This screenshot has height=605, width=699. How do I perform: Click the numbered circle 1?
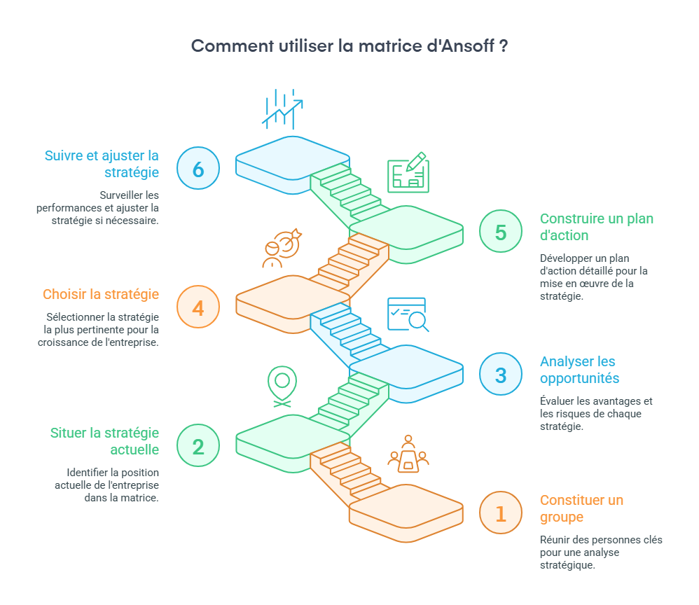(501, 513)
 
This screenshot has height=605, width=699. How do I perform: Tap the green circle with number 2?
(198, 446)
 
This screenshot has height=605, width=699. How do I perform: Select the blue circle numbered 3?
(501, 375)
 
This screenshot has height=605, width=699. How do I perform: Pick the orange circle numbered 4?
(198, 307)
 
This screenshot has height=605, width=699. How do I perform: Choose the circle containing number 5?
(501, 232)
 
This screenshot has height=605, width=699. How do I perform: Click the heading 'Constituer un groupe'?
(581, 508)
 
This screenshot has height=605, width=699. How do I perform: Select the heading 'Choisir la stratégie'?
(101, 294)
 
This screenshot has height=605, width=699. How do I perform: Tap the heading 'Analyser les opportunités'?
(579, 370)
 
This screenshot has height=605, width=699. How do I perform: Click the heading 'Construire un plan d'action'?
(596, 227)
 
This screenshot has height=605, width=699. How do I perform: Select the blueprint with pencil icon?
(408, 173)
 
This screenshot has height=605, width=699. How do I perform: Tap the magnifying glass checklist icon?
(408, 314)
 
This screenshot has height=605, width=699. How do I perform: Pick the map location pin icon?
(282, 386)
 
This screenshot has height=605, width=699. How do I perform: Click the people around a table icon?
(408, 454)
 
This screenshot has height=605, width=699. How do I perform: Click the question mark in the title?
(504, 46)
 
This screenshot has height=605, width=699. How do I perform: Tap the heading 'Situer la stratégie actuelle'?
(104, 441)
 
